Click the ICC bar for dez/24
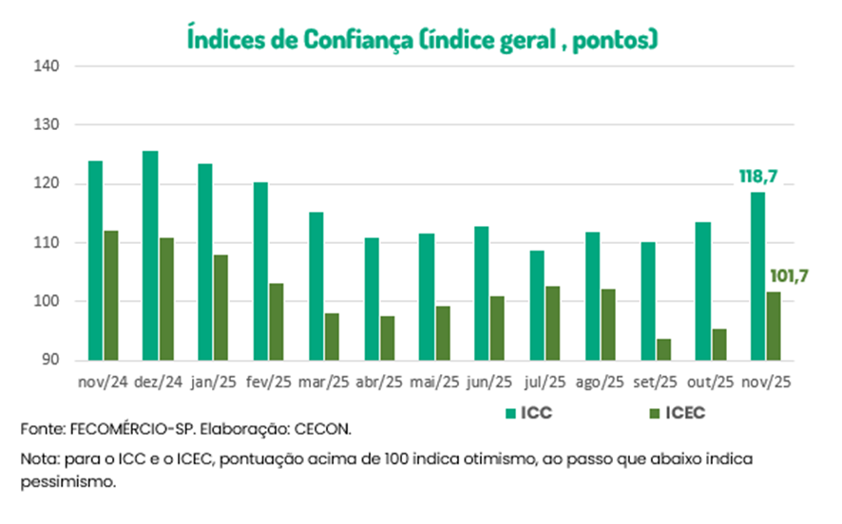tap(150, 255)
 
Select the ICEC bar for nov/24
tap(110, 295)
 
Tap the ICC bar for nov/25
tap(758, 276)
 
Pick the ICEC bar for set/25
tap(663, 349)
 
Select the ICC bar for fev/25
tap(260, 271)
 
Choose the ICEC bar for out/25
tap(718, 345)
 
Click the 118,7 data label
tap(758, 177)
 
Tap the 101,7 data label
tap(788, 276)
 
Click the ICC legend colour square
tap(510, 414)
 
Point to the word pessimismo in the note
tap(67, 482)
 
